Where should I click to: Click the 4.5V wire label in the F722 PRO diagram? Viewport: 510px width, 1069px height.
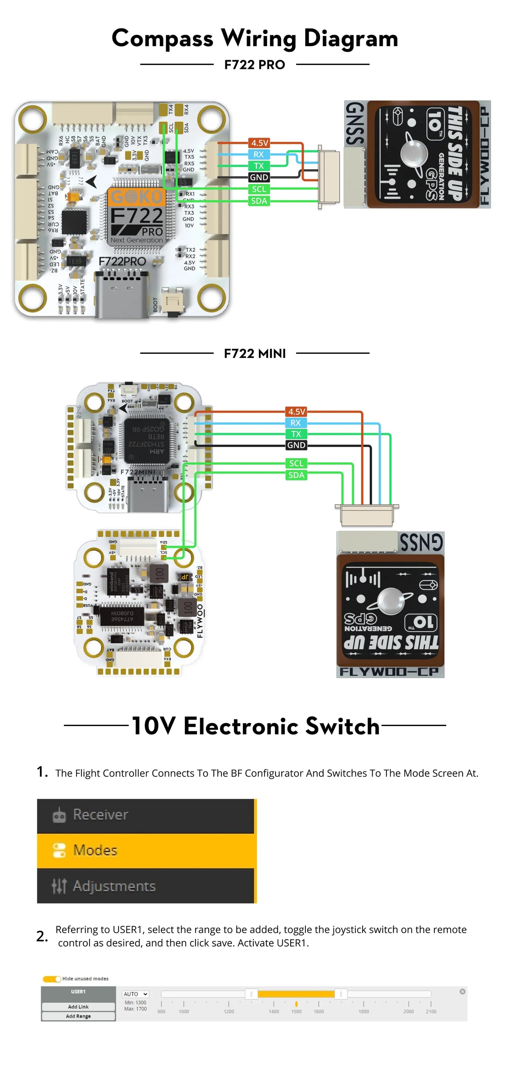coord(259,143)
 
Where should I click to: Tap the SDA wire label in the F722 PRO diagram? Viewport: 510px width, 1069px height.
coord(259,201)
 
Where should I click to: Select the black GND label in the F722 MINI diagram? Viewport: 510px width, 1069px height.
coord(296,445)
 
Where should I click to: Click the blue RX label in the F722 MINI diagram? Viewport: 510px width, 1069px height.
coord(296,423)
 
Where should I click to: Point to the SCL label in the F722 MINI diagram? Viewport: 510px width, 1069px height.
coord(296,463)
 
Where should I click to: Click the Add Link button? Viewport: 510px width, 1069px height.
coord(78,1006)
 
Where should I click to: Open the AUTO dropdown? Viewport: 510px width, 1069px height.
coord(135,994)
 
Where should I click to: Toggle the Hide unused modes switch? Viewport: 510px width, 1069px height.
coord(52,979)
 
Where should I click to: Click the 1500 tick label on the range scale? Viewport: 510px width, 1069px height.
coord(296,1011)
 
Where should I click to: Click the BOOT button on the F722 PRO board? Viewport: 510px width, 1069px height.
coord(172,301)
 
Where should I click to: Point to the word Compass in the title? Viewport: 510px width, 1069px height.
coord(162,39)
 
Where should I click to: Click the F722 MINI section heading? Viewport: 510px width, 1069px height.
coord(255,353)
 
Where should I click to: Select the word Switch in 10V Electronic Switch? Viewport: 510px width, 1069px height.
coord(342,726)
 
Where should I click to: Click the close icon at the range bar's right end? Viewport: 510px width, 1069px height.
coord(462,991)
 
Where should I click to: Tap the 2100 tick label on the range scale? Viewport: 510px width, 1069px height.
coord(431,1011)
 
